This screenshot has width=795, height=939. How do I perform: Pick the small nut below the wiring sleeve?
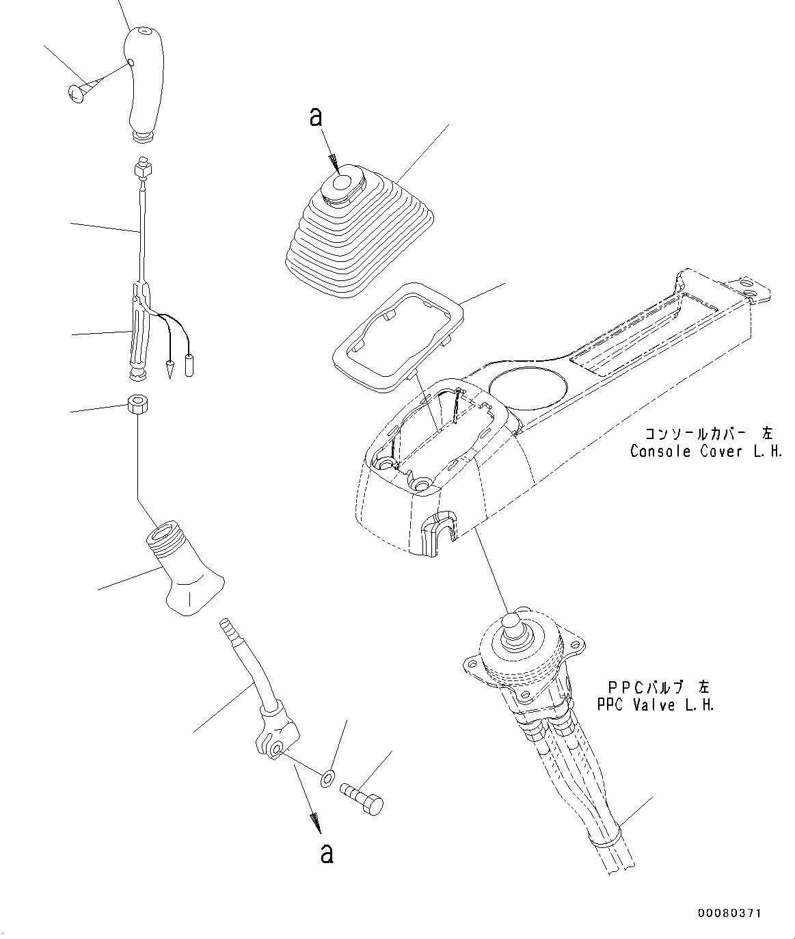pos(137,405)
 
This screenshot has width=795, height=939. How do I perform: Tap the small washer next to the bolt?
pos(327,777)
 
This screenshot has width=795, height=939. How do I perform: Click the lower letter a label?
pos(327,853)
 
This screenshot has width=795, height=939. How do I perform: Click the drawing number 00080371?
pos(729,913)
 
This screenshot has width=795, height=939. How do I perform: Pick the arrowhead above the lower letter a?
pos(316,822)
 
